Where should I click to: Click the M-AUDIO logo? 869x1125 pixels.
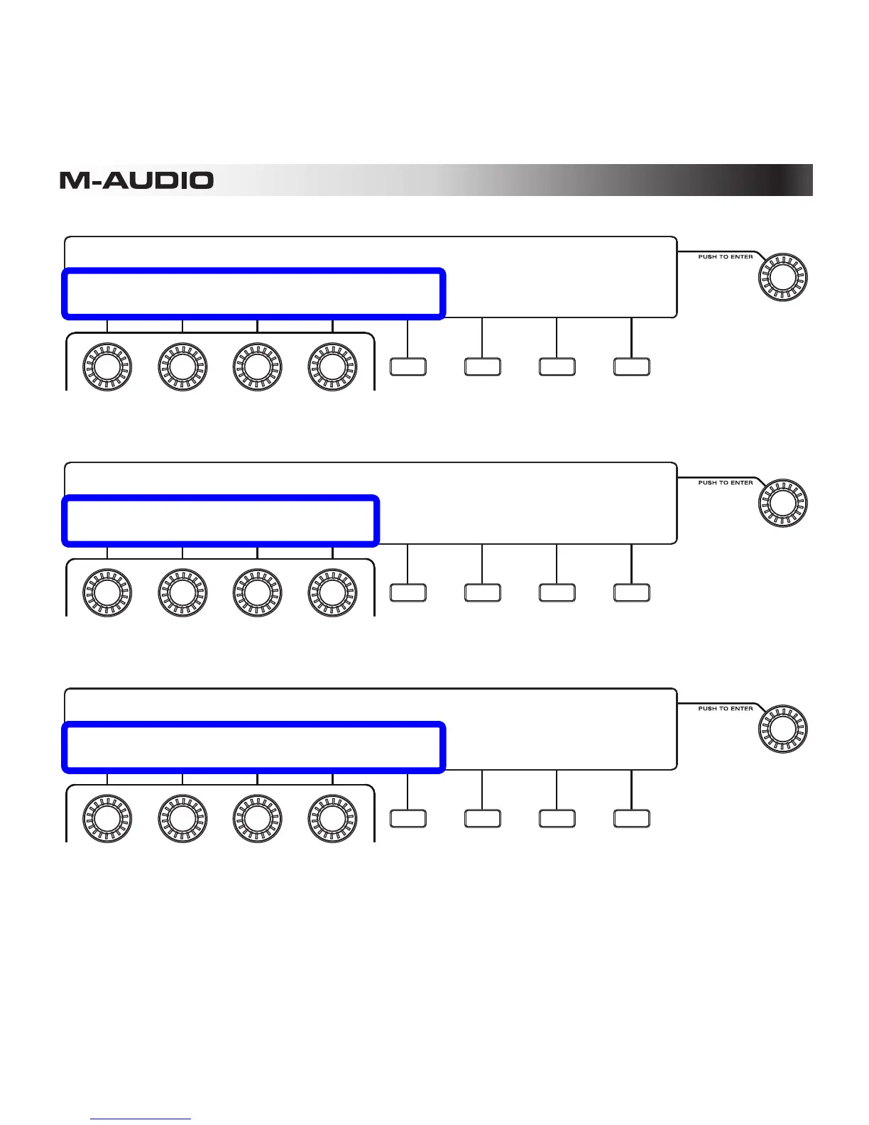136,180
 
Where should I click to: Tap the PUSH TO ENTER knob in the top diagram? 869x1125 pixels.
783,277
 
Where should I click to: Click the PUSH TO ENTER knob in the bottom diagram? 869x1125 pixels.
783,729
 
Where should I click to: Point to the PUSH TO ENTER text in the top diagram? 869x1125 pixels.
725,257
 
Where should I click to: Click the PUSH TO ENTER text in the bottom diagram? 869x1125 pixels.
725,709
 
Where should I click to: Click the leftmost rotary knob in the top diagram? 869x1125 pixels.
107,367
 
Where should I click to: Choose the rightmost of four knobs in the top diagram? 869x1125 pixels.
332,367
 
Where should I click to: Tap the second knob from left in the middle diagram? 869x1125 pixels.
182,593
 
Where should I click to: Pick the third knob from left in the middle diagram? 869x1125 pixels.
257,593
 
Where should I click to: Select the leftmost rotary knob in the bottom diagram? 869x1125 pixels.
107,819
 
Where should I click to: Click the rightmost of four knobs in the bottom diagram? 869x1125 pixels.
332,819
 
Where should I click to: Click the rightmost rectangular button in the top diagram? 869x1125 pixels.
631,367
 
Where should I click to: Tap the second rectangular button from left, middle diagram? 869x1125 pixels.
482,593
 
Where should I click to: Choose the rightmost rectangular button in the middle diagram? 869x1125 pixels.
631,593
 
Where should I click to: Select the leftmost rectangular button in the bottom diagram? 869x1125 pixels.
408,819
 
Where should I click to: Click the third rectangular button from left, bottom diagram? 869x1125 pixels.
557,819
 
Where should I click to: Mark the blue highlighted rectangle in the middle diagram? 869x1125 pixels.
220,521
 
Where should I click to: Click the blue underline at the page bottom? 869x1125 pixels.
141,1119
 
